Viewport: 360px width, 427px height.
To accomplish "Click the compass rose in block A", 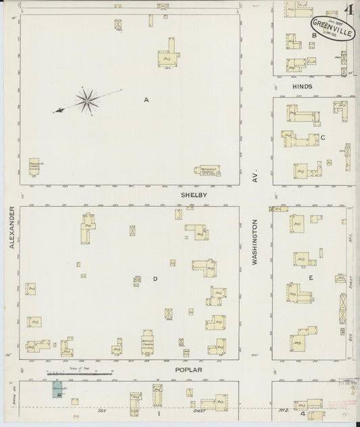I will point(86,101).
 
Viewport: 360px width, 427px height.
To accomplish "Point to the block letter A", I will point(145,100).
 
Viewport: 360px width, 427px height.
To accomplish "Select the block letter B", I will point(313,45).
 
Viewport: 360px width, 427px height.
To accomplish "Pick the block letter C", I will point(324,138).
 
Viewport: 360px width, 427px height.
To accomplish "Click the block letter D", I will point(155,278).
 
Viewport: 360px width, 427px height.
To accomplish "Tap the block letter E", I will point(311,277).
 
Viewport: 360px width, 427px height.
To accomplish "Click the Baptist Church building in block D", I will point(149,341).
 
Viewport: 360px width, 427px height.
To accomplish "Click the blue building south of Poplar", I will point(55,391).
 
